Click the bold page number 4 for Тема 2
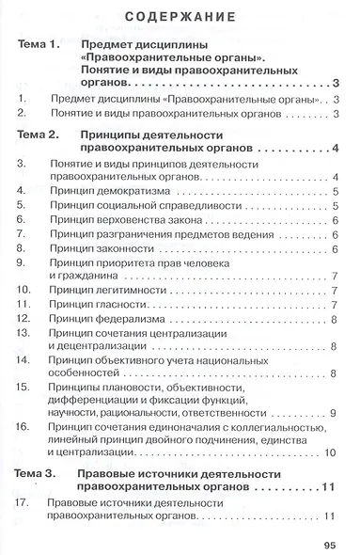point(335,149)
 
